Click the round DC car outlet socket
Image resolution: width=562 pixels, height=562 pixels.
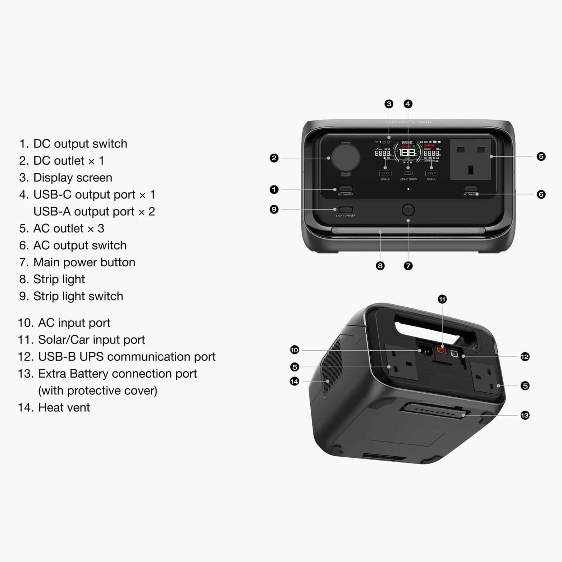(345, 158)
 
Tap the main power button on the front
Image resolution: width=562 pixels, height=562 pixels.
(408, 210)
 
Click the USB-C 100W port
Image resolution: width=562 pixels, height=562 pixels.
(408, 173)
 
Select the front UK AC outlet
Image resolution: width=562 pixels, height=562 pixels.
(471, 159)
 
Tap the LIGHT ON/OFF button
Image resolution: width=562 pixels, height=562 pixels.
(345, 210)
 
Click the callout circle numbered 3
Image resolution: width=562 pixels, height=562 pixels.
(389, 104)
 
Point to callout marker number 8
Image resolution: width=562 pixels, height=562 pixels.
(380, 266)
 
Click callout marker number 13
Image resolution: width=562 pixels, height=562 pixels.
(525, 415)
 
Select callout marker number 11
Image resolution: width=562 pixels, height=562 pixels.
(442, 299)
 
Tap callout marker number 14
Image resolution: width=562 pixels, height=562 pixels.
(294, 381)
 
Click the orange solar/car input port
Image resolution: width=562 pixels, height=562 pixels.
(442, 351)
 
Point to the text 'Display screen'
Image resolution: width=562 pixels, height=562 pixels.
(72, 177)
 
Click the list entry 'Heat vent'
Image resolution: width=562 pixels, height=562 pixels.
(64, 407)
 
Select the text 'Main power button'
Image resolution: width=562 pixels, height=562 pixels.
(84, 262)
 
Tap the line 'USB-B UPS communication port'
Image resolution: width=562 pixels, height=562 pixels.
(127, 356)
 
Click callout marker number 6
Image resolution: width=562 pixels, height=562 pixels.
(541, 194)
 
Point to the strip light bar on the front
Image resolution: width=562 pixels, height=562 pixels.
(408, 231)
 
